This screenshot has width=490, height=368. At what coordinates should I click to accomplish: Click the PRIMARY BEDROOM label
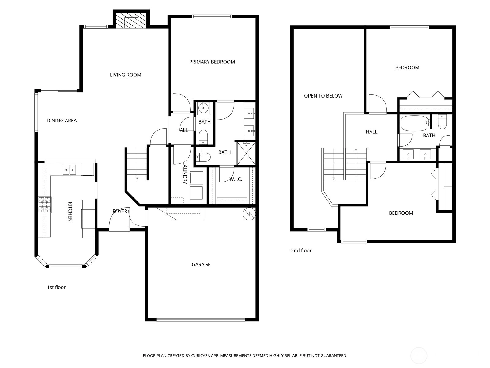coord(212,62)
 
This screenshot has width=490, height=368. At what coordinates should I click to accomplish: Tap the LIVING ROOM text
coord(126,75)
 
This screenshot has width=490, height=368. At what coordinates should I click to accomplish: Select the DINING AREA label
coord(62,121)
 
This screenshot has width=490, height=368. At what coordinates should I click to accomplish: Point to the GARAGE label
coord(201,265)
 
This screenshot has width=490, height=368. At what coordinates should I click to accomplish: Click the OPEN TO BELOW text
coord(323,96)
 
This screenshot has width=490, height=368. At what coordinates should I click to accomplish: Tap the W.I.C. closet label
coord(236,179)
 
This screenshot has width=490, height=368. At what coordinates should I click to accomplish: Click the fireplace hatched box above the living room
coord(131,20)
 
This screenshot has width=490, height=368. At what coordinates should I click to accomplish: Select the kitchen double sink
coord(70,169)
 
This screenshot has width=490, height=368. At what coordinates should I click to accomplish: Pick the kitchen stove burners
coord(45,205)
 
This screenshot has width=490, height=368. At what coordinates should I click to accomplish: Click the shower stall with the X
coord(246,154)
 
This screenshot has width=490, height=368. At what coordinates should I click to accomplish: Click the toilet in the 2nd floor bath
coord(442,122)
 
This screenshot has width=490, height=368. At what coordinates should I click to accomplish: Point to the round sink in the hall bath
coord(203,109)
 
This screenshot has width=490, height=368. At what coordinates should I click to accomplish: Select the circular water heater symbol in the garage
coord(249,214)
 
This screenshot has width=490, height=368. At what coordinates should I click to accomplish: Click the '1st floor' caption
coord(56,287)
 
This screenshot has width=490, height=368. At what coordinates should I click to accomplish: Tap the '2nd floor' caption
coord(301,251)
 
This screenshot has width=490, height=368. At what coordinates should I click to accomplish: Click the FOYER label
coord(120,211)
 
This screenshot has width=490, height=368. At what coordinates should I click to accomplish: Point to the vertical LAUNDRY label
coord(185,173)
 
